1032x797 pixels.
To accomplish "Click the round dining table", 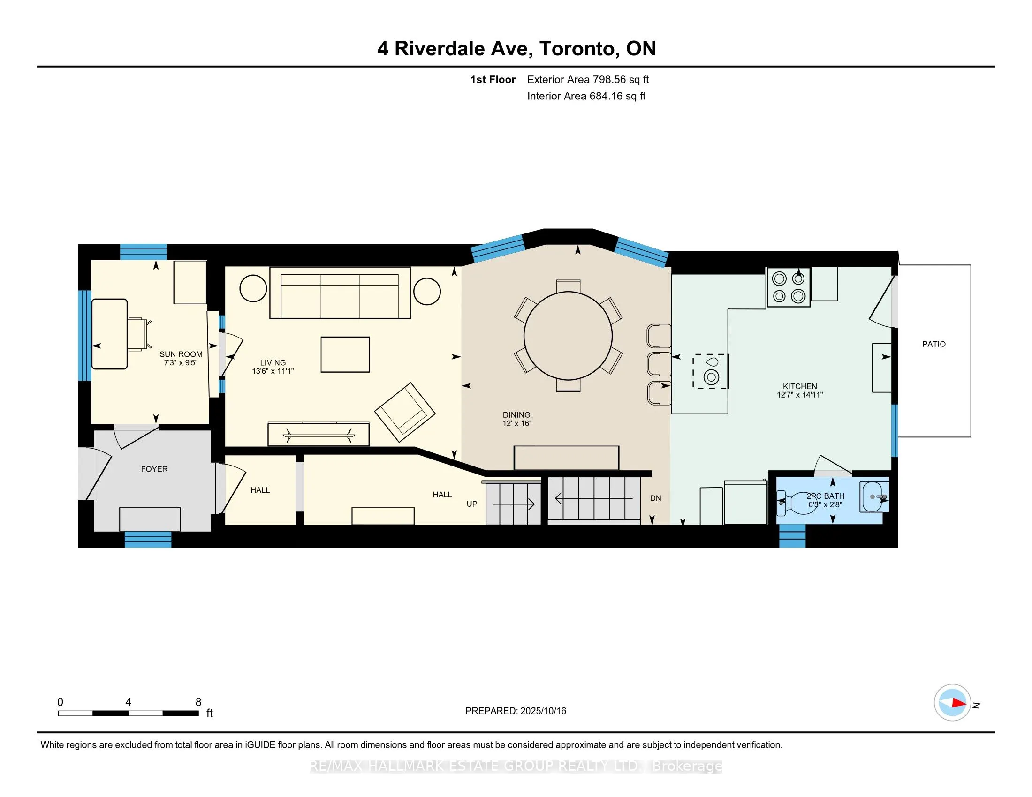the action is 568,336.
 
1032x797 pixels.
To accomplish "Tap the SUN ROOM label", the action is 181,354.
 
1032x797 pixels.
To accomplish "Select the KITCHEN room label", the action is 799,386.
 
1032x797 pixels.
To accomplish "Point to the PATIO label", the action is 933,344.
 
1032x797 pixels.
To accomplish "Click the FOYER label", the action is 154,469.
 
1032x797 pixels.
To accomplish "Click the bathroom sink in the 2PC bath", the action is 874,497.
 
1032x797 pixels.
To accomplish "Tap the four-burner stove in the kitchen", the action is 789,287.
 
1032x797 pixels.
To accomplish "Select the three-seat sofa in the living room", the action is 340,293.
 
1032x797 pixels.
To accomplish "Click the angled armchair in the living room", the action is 404,412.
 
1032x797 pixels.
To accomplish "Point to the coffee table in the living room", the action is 345,354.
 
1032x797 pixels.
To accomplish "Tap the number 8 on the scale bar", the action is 198,702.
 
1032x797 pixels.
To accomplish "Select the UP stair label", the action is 471,504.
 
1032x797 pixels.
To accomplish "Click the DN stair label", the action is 655,498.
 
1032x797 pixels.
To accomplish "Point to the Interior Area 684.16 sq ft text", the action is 586,96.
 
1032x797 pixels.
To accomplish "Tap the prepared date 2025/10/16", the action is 543,711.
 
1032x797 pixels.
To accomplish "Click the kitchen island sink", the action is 711,372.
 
